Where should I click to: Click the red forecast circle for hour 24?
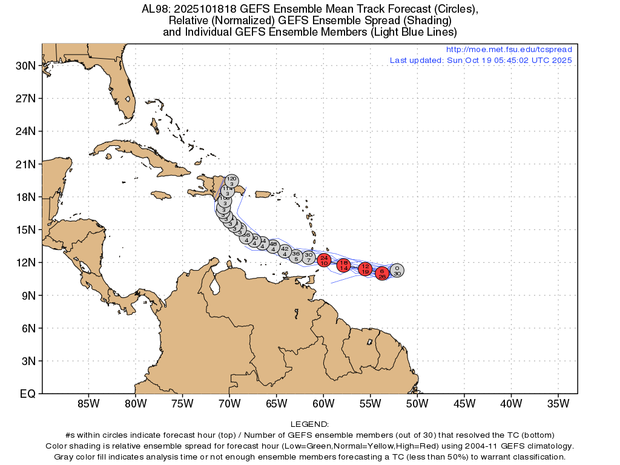click(324, 260)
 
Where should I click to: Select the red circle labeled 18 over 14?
click(344, 265)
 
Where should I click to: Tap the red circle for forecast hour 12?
click(365, 268)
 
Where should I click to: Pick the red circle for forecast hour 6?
click(382, 273)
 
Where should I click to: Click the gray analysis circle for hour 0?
click(397, 270)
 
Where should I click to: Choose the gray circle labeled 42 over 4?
click(285, 251)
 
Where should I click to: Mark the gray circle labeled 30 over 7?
click(308, 257)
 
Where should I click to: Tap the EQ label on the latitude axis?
click(27, 394)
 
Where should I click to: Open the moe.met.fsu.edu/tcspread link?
click(509, 50)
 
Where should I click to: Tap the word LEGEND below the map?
click(309, 424)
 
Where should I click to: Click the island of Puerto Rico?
click(263, 194)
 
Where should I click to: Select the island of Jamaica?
click(160, 194)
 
